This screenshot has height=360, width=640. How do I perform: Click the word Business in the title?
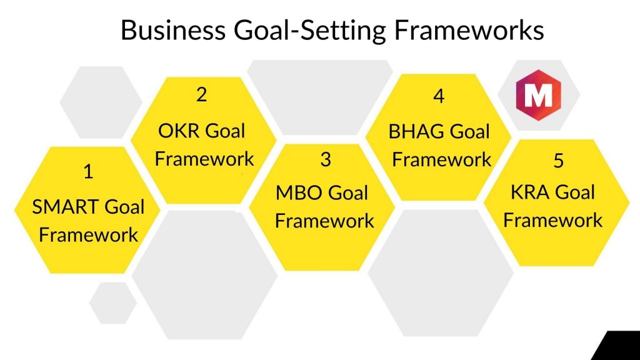click(x=174, y=30)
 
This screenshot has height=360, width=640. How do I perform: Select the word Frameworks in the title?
click(x=469, y=30)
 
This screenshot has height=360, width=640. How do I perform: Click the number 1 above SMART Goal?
click(x=88, y=171)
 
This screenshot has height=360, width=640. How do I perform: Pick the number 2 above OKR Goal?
click(x=202, y=95)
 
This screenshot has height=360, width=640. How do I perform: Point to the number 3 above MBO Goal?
click(x=326, y=159)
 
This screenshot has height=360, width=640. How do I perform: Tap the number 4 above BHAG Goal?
click(x=439, y=96)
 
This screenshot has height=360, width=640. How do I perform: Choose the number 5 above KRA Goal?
click(x=559, y=161)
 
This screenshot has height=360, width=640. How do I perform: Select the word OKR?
click(x=178, y=131)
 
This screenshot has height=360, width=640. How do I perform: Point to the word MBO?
click(x=299, y=193)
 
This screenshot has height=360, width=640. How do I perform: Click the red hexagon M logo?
click(x=538, y=95)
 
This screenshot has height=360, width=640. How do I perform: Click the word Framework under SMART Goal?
click(x=89, y=235)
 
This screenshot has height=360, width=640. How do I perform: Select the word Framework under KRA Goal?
click(x=553, y=221)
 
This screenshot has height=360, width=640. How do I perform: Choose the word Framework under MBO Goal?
click(x=324, y=221)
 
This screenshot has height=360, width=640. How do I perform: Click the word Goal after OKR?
click(x=225, y=131)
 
